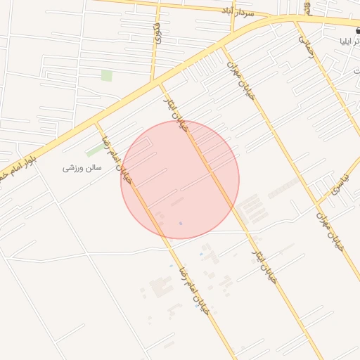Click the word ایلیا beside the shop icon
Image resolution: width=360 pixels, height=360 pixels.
coord(349,41)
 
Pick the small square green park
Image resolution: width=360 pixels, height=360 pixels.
coord(106,75)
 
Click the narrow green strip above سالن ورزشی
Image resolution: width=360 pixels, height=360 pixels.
coord(94,150)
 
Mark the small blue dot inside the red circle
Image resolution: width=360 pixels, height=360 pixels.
coord(181,224)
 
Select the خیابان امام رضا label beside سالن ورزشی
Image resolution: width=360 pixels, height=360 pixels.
coord(117,159)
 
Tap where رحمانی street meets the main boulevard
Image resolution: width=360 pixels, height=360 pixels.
coord(295,21)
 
